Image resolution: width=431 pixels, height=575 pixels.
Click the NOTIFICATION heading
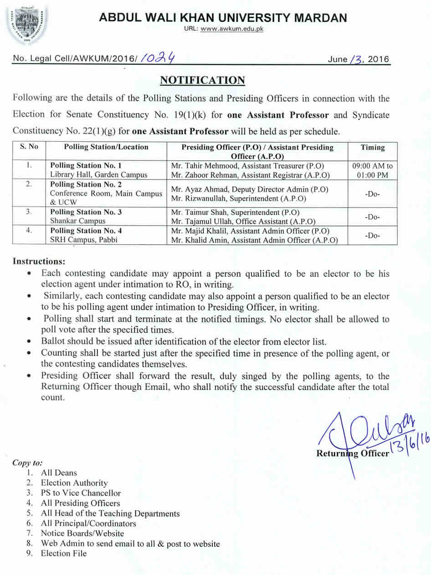point(202,81)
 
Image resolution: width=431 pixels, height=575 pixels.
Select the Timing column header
point(372,147)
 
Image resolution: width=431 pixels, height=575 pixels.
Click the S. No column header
point(29,147)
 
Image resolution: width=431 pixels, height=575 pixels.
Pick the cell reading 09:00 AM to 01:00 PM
point(372,170)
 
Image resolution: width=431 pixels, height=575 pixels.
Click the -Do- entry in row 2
point(372,194)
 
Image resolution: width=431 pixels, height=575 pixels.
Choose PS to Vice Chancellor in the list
point(81,493)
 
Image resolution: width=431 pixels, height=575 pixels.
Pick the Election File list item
point(63,554)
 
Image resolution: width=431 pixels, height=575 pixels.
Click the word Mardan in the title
point(318,18)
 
